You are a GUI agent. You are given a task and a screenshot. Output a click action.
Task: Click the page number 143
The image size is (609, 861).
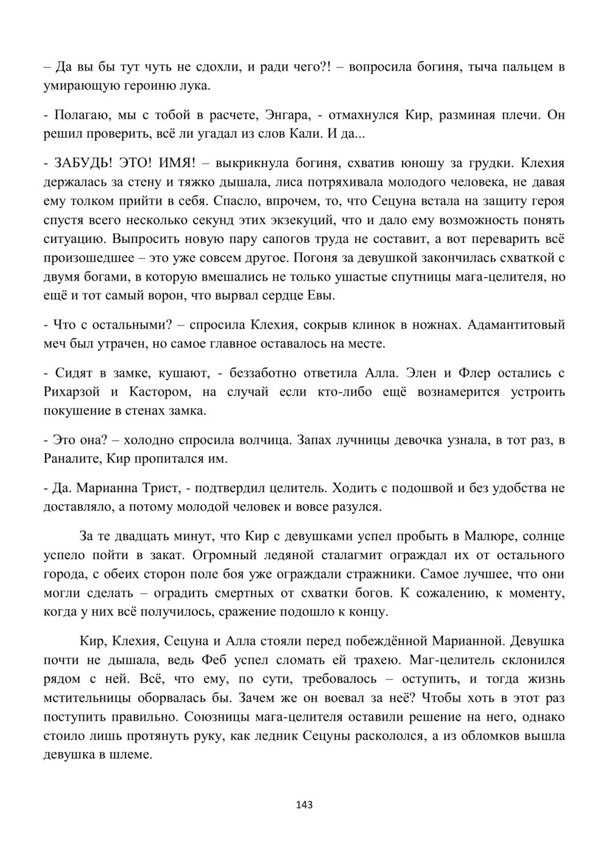coord(304,804)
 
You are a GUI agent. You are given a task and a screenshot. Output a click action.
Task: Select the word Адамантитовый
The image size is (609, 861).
coord(515,325)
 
